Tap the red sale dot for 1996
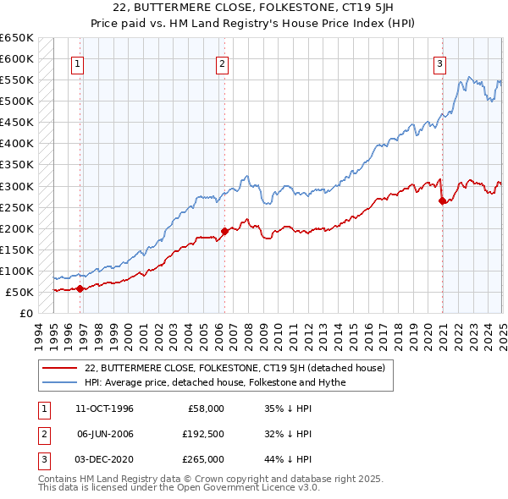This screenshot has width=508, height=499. pyautogui.click(x=80, y=288)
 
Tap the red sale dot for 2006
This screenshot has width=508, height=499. pyautogui.click(x=224, y=231)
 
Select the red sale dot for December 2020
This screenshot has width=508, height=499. pyautogui.click(x=443, y=200)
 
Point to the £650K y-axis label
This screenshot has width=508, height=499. pyautogui.click(x=17, y=38)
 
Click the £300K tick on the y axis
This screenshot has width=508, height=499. pyautogui.click(x=17, y=186)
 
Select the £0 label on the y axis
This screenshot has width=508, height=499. pyautogui.click(x=25, y=313)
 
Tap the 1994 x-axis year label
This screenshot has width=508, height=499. pyautogui.click(x=39, y=334)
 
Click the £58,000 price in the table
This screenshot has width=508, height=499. pyautogui.click(x=206, y=409)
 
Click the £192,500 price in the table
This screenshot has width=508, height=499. pyautogui.click(x=203, y=434)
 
